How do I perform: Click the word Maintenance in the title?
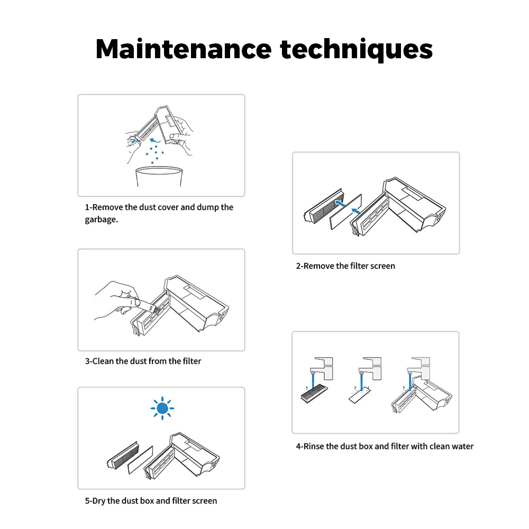[x=184, y=49]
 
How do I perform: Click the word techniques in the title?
[x=356, y=49]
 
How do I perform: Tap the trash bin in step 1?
[x=159, y=177]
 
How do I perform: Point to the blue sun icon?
[x=162, y=408]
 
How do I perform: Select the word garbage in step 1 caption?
[x=101, y=220]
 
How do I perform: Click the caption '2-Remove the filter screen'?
[x=345, y=266]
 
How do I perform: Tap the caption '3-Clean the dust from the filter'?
[x=143, y=361]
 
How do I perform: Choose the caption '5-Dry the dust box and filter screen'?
[x=151, y=500]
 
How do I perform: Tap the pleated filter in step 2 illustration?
[x=324, y=206]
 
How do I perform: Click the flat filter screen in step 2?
[x=345, y=212]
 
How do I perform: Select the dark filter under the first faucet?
[x=314, y=395]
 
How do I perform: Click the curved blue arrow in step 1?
[x=155, y=140]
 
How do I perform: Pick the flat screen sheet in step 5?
[x=140, y=460]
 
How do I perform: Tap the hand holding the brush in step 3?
[x=116, y=301]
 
